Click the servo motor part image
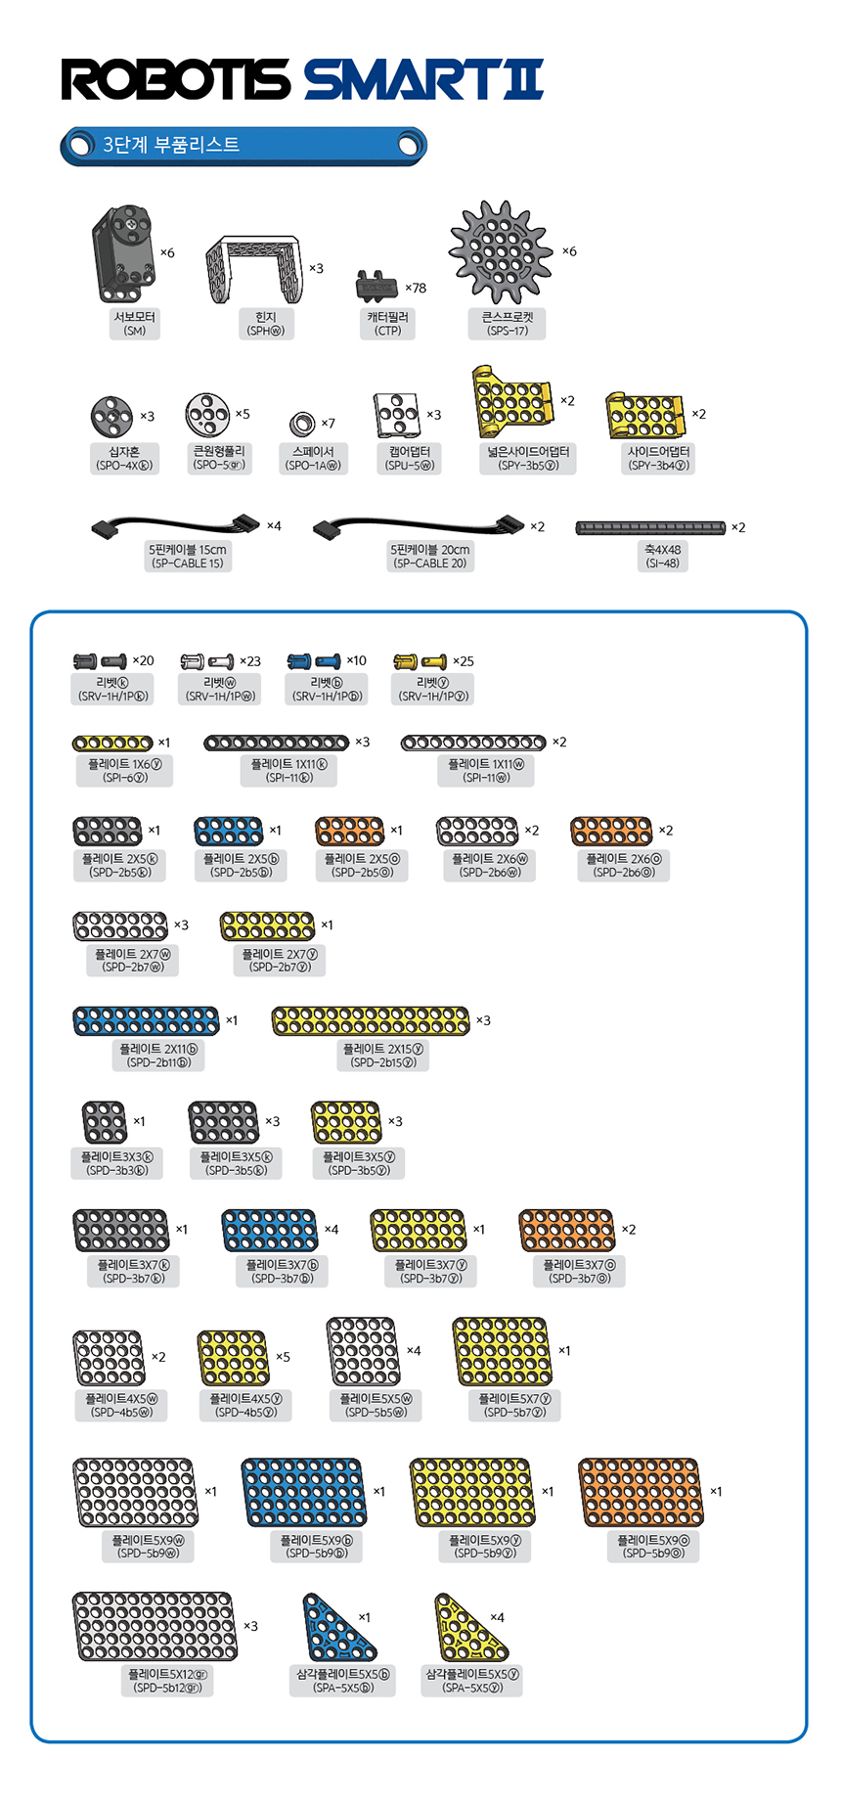tap(123, 253)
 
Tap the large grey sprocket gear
tap(502, 251)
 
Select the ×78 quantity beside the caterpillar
tap(416, 289)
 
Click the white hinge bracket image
tap(253, 268)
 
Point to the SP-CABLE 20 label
tap(429, 563)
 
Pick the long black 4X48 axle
tap(650, 528)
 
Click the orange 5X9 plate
tap(641, 1492)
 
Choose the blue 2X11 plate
tap(146, 1021)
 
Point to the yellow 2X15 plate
tap(371, 1021)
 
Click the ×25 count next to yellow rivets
tap(464, 662)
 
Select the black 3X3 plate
tap(105, 1122)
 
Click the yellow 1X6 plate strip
tap(112, 744)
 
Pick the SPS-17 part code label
tap(508, 331)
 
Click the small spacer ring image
tap(302, 424)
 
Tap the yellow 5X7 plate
tap(503, 1351)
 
